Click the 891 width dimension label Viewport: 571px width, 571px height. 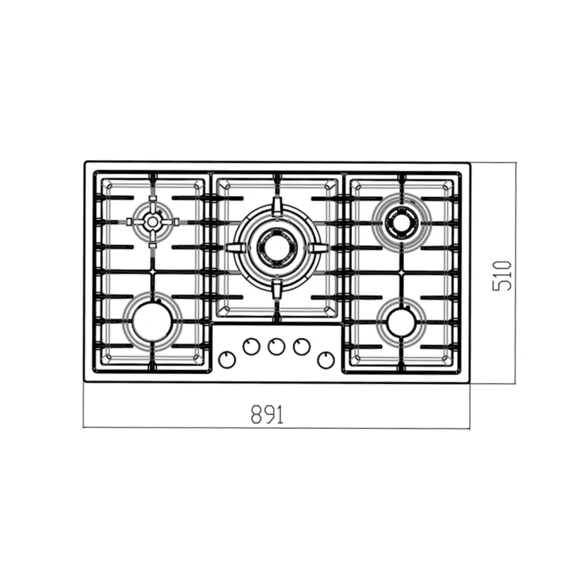click(267, 414)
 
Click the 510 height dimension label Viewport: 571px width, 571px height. click(502, 276)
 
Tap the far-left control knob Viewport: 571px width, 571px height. click(227, 360)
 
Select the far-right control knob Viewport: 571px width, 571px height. click(326, 360)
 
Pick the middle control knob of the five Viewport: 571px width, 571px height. click(277, 347)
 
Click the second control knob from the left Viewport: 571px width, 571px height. click(251, 346)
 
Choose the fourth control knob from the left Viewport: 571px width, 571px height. click(302, 346)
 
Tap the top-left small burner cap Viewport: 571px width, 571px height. click(152, 222)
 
